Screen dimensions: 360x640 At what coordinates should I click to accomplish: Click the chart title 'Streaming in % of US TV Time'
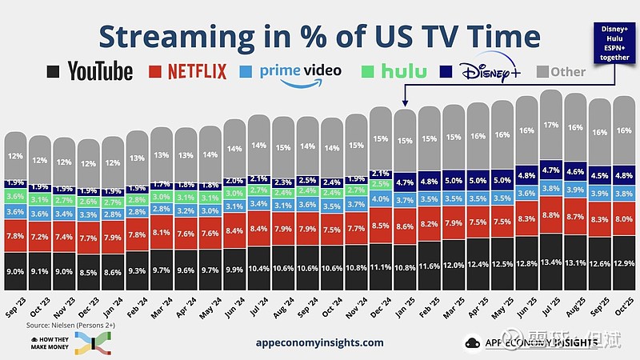coord(319,35)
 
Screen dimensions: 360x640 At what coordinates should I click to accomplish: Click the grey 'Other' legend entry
coord(556,71)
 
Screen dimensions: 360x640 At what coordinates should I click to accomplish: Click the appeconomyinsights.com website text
coord(320,342)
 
